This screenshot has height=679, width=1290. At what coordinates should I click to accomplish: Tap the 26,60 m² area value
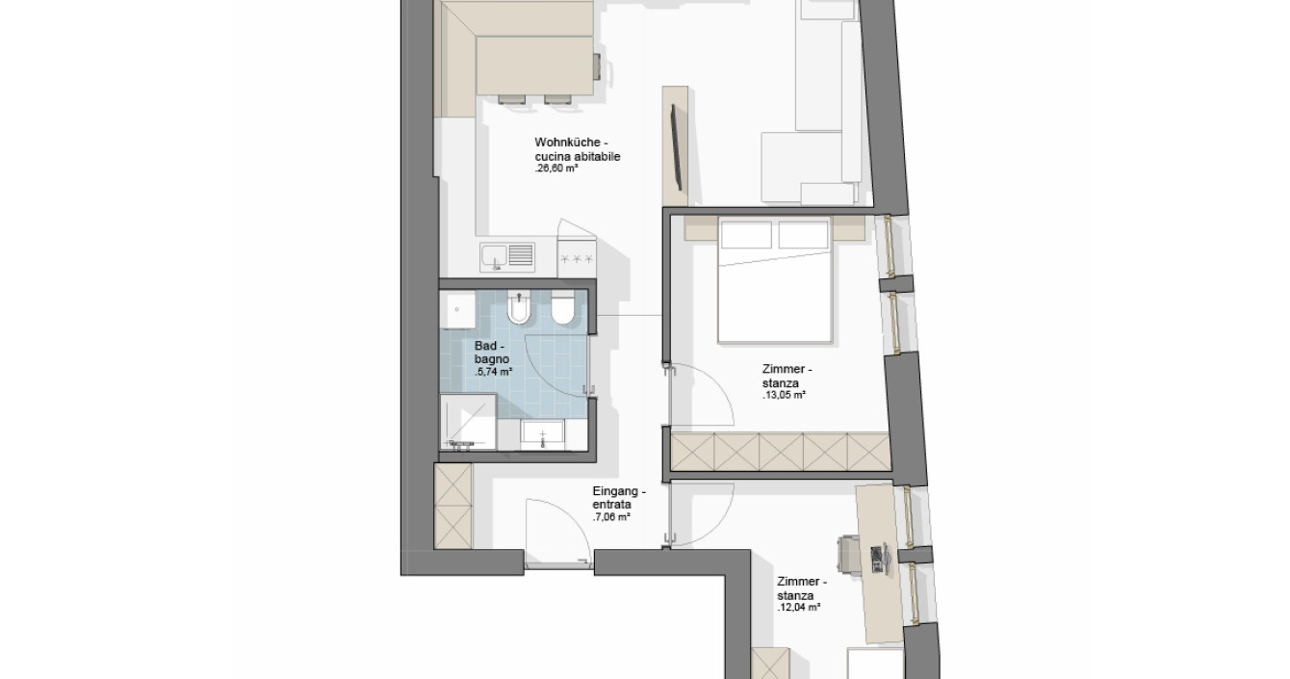556,169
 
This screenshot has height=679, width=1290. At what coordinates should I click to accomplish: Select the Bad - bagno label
492,352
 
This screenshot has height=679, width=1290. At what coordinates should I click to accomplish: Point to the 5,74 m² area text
494,372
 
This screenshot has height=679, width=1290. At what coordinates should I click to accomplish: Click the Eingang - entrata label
619,498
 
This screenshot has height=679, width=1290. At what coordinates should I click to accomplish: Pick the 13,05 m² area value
784,395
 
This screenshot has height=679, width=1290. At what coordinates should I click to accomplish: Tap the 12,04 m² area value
799,608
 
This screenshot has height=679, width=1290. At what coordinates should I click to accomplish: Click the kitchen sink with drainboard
507,257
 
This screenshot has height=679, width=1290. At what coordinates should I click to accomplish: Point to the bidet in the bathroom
520,308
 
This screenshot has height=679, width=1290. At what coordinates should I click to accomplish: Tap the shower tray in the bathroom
468,422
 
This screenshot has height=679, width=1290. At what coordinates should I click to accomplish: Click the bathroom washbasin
542,434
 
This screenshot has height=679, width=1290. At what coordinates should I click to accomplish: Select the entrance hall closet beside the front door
452,507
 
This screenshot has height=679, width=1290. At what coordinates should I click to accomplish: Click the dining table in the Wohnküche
535,65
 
